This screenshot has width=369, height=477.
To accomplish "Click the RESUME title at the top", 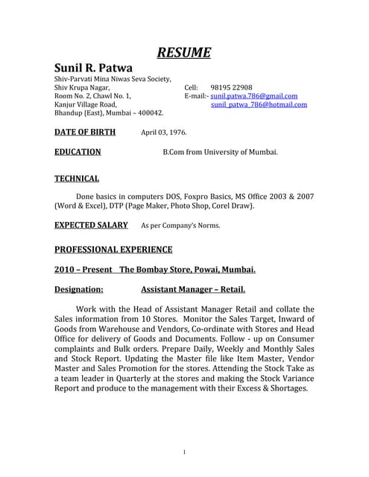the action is [x=184, y=52].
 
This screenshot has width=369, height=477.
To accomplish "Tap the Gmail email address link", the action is [x=254, y=96].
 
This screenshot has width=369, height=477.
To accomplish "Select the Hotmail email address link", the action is [x=259, y=105].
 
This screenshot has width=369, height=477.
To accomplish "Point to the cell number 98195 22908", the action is [x=231, y=87].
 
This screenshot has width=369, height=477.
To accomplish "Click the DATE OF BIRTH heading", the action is [x=85, y=133].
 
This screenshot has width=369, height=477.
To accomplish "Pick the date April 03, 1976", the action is [x=164, y=133].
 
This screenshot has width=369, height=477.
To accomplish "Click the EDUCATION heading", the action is [x=78, y=152].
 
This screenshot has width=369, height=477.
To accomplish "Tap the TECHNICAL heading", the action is [x=77, y=179].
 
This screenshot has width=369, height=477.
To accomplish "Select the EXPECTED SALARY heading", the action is [x=91, y=224].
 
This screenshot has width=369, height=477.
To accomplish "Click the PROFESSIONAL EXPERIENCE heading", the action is [x=113, y=250].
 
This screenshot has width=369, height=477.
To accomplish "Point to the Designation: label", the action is [x=79, y=289].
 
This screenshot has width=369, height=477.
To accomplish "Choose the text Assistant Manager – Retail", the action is [x=193, y=289].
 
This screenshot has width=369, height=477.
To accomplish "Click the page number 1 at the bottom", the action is [x=184, y=452].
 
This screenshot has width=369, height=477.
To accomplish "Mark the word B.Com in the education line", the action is [x=175, y=152].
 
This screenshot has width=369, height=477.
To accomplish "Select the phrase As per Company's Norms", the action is [x=180, y=225].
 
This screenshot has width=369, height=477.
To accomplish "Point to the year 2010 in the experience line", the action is [x=66, y=270].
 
